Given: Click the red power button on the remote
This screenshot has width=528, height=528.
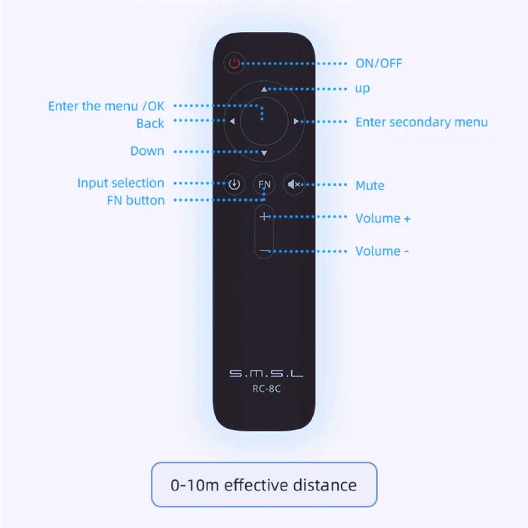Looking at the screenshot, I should tap(234, 63).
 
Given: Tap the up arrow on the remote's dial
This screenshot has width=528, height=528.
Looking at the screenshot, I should tap(264, 89).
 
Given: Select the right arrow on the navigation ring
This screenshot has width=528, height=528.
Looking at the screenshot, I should tap(296, 122).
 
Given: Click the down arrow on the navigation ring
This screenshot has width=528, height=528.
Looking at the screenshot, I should tap(264, 153).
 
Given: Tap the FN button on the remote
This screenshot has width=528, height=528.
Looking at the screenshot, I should tap(264, 184).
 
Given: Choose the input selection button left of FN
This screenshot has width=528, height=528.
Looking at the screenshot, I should tap(234, 184).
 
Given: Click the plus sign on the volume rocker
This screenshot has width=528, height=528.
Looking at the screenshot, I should tap(264, 217).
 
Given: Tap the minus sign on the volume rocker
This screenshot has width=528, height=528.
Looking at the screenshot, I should tap(264, 251).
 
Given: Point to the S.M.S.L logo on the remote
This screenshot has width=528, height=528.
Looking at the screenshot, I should tap(266, 374).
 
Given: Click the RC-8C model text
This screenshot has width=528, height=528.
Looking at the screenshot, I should tap(266, 389).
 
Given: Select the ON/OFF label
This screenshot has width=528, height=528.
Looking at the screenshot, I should tap(379, 63).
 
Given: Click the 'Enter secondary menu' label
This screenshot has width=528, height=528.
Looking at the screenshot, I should tap(421, 122).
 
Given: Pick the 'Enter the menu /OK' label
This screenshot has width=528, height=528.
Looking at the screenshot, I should tap(106, 106).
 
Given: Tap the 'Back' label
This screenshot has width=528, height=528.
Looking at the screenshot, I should tap(150, 123).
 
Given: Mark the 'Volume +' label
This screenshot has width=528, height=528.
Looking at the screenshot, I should tap(383, 218).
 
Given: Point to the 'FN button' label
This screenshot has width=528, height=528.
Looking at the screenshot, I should tap(136, 200).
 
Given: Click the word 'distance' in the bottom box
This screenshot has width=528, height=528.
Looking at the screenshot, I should tap(325, 485).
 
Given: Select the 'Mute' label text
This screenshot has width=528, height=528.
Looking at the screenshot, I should tap(370, 186).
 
